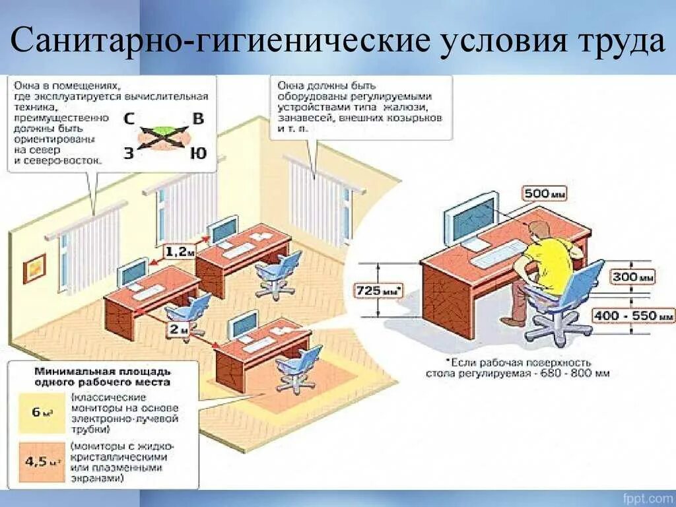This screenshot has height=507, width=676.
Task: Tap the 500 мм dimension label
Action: pyautogui.click(x=545, y=193)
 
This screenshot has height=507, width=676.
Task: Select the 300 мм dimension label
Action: pyautogui.click(x=633, y=277)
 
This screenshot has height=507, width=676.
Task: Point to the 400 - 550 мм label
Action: pyautogui.click(x=633, y=316)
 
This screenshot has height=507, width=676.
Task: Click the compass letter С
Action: pyautogui.click(x=130, y=119)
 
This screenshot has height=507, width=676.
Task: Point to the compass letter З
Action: pyautogui.click(x=129, y=154)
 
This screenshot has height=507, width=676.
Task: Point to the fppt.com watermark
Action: pyautogui.click(x=646, y=497)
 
